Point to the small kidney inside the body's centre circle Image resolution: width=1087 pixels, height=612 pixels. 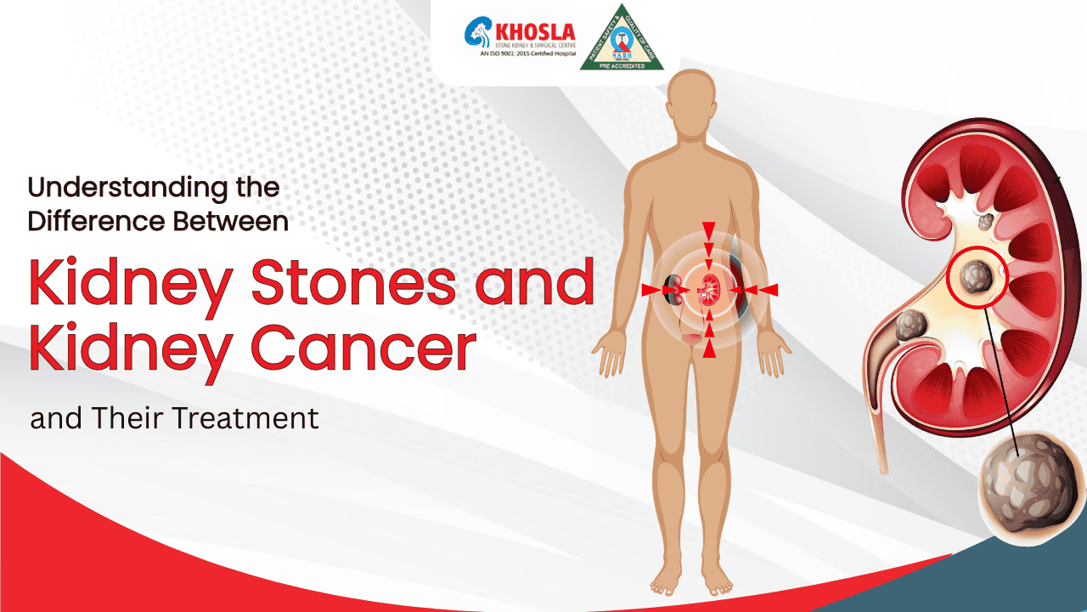coord(707,290)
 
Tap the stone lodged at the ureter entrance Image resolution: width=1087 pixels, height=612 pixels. coord(910,326)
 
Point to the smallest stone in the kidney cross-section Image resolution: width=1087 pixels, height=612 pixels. coord(985,223)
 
